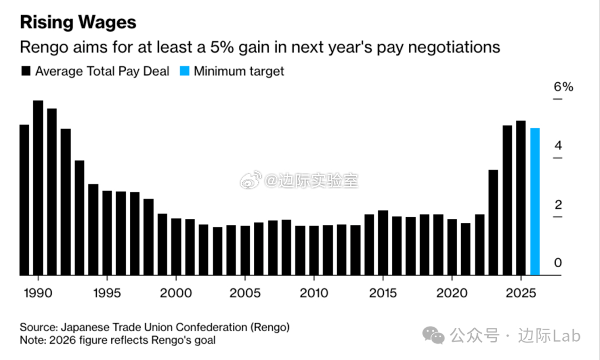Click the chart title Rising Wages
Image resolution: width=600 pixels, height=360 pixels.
tap(78, 22)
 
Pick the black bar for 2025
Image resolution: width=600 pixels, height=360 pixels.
tap(521, 198)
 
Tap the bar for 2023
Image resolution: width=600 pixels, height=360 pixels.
tap(493, 222)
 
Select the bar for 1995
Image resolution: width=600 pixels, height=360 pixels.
tap(107, 233)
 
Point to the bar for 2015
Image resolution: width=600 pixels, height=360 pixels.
tap(383, 243)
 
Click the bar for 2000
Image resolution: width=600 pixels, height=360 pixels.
tap(176, 247)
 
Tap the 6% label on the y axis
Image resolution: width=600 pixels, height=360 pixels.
tap(563, 87)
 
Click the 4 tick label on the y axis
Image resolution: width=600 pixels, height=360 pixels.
tap(558, 146)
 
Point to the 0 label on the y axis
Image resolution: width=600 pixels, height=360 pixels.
tap(558, 263)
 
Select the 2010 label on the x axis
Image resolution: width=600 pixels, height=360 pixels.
tap(314, 293)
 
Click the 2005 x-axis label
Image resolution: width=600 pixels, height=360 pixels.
tap(245, 293)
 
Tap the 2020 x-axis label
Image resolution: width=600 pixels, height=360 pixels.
tap(452, 293)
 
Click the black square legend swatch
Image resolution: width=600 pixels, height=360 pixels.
tap(25, 71)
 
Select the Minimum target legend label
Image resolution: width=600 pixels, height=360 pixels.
tap(239, 71)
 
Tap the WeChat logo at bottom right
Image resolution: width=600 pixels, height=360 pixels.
tap(434, 334)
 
